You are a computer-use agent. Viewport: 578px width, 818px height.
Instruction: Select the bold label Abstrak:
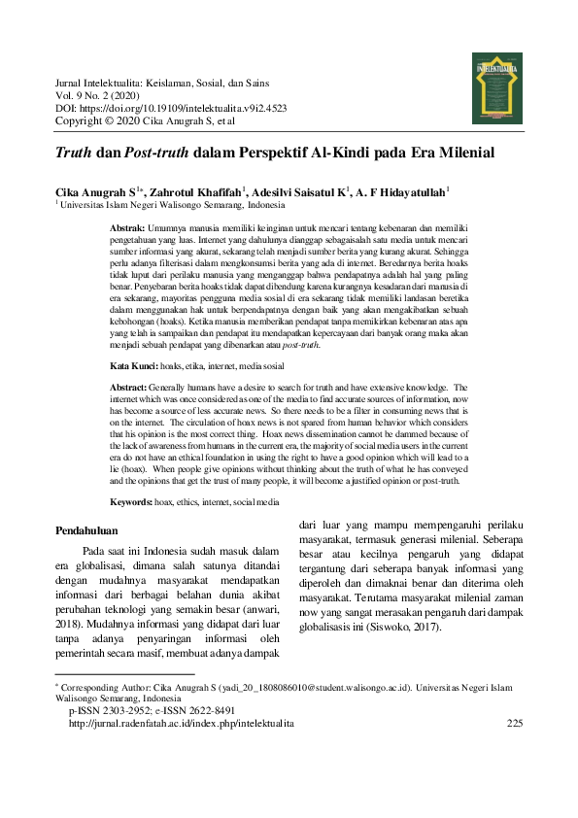(129, 226)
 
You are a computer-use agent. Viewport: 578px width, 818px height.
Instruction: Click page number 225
(515, 724)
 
